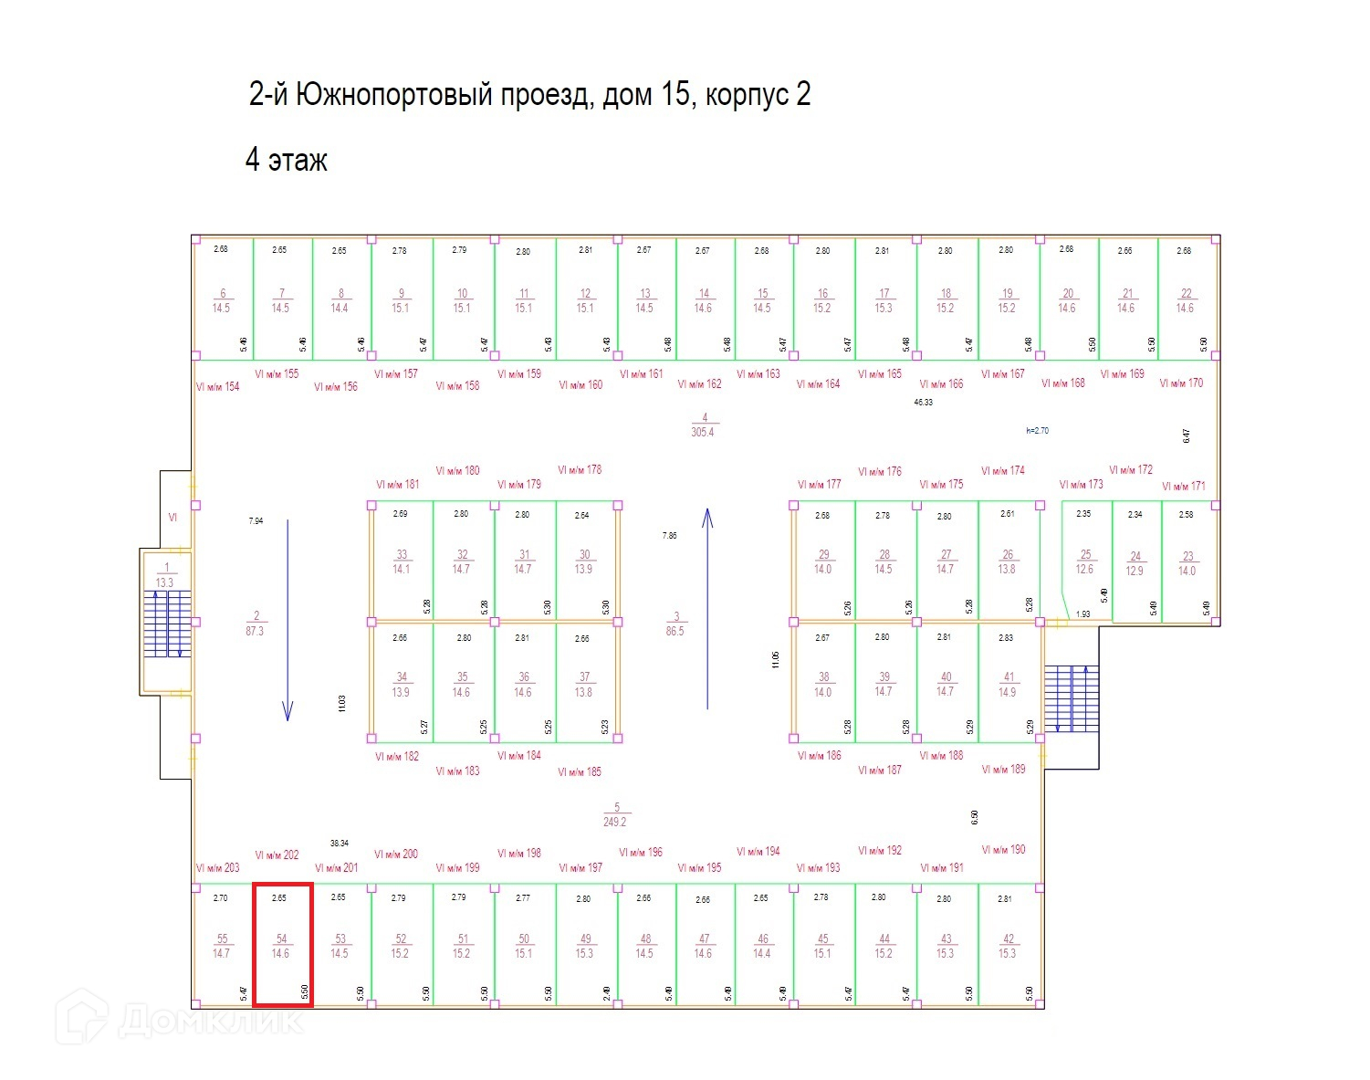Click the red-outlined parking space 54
pos(282,945)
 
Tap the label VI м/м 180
pos(457,471)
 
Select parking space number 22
pos(1186,300)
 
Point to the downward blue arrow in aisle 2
pos(288,621)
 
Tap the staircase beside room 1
pos(167,624)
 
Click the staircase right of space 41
pos(1071,698)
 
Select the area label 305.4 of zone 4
pos(703,432)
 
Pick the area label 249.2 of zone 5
pos(615,822)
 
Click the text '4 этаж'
pos(286,161)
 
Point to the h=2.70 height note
pos(1037,430)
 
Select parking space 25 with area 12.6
pos(1084,561)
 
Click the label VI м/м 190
pos(1003,849)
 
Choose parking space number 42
pos(1008,946)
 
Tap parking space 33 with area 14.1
pos(402,561)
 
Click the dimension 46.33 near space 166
pos(924,402)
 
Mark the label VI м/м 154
pos(217,387)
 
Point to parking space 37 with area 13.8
pos(584,685)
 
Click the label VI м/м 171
pos(1183,487)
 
